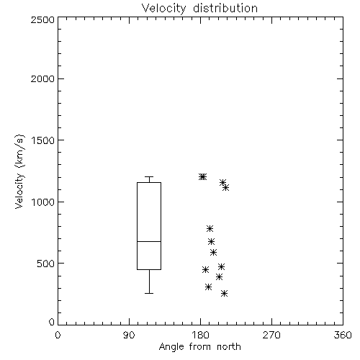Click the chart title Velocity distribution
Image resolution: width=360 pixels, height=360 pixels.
click(199, 9)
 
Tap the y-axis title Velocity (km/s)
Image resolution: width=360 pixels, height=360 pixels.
click(19, 171)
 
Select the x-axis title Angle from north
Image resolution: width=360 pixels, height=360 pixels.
click(199, 347)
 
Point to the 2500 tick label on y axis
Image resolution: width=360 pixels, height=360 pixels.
click(42, 19)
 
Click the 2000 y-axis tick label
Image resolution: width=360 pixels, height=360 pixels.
click(42, 78)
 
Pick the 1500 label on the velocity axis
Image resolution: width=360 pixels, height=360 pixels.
click(43, 140)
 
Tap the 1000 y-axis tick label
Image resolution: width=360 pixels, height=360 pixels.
click(43, 202)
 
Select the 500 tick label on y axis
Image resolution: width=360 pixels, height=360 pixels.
click(46, 264)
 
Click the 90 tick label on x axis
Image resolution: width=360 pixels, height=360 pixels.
click(129, 335)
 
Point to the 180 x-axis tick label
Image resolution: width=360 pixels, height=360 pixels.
click(200, 335)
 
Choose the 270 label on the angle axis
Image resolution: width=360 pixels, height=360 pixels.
click(271, 335)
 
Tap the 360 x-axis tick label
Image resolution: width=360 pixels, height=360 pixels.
click(343, 335)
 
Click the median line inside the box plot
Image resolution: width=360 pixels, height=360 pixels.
click(149, 241)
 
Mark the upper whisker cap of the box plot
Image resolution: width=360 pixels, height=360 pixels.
click(149, 177)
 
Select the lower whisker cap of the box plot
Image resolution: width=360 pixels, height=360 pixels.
click(149, 293)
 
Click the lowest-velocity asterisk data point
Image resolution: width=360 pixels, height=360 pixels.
click(224, 293)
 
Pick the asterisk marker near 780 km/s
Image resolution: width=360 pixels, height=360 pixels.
click(210, 228)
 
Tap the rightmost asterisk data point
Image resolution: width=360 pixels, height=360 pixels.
click(225, 187)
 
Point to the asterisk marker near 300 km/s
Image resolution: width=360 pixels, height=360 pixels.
click(208, 287)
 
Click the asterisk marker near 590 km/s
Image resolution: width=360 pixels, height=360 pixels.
click(213, 252)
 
